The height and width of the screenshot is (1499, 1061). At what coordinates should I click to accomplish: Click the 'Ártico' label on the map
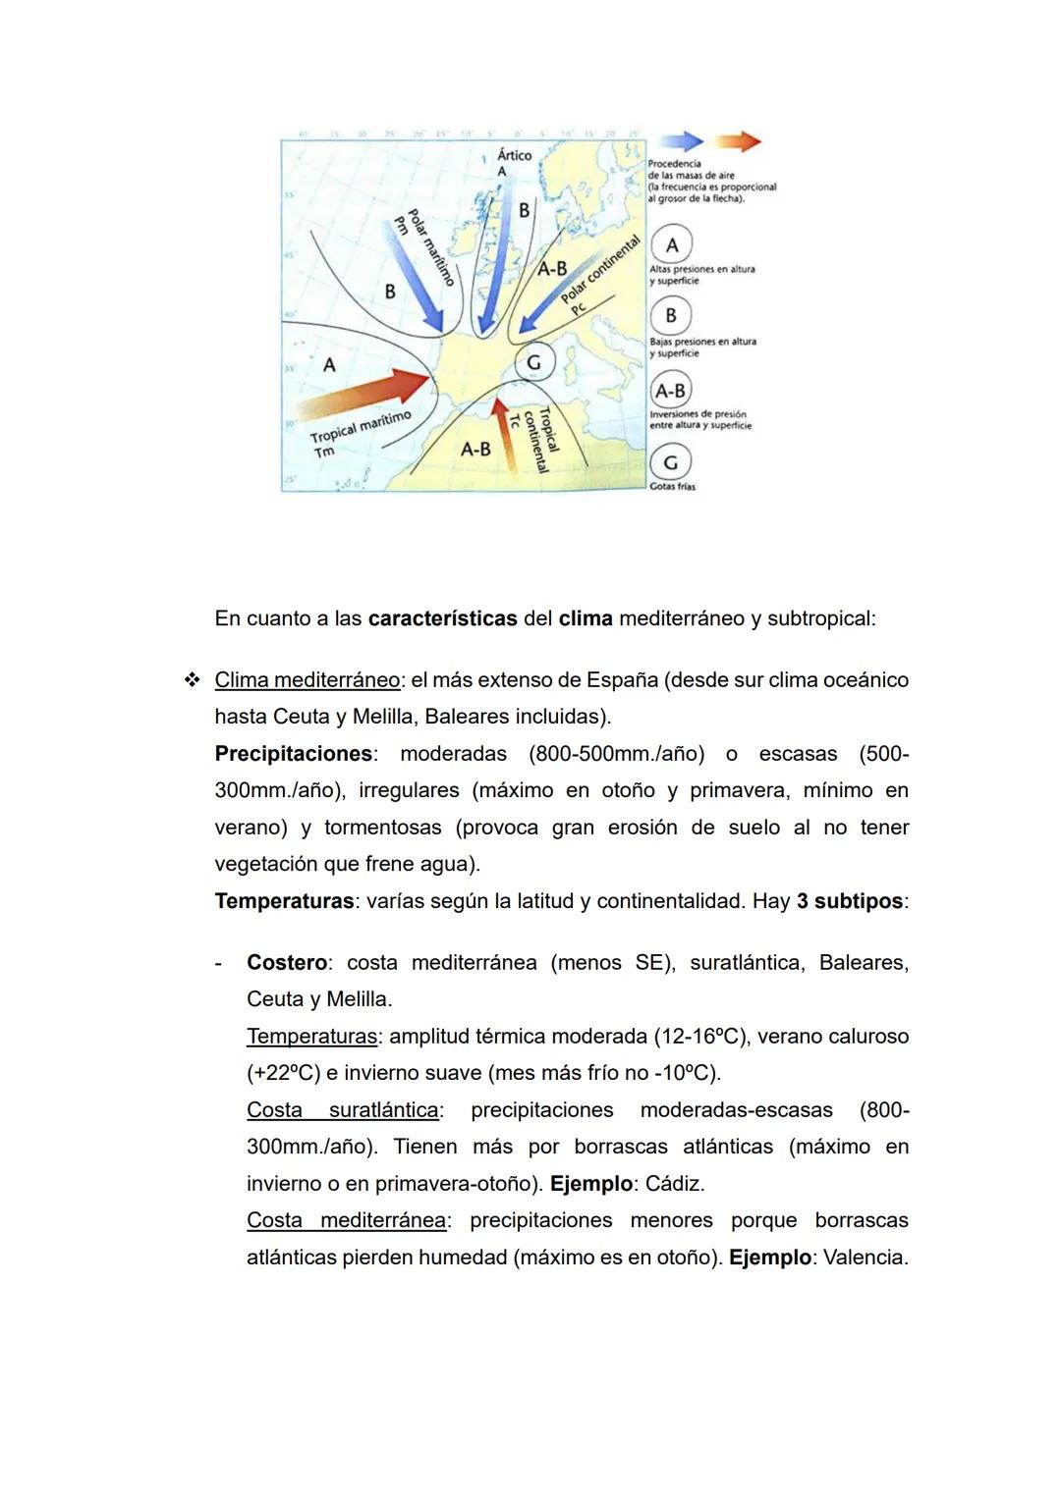514,155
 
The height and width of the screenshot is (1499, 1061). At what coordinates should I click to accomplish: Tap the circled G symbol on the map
533,362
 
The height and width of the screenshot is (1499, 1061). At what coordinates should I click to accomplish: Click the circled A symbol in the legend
672,244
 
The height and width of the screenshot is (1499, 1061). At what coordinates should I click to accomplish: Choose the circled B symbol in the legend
671,315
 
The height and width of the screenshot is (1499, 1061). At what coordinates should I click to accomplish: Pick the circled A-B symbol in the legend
670,390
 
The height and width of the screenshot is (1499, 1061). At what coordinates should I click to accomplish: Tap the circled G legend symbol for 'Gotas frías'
671,461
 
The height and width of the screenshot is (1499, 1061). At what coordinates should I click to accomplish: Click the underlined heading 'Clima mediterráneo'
307,680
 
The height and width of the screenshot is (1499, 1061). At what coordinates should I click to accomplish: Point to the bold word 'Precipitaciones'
293,754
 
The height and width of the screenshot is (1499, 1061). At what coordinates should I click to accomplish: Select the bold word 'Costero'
286,963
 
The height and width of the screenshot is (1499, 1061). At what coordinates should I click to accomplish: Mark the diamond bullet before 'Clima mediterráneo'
192,680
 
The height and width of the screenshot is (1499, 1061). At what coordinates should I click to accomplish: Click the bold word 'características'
442,619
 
